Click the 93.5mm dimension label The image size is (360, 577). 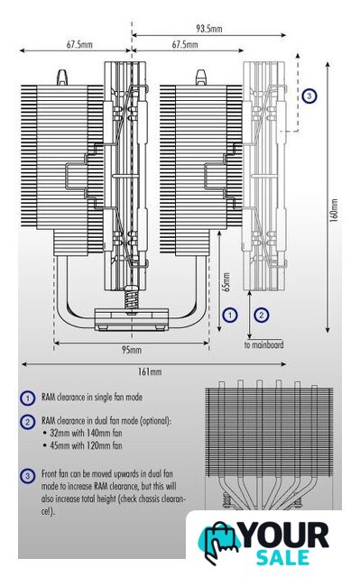point(208,29)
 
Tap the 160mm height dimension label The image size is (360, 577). point(334,210)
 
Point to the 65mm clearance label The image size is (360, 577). point(226,282)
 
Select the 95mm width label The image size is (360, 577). point(132,350)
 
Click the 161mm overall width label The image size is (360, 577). point(150,371)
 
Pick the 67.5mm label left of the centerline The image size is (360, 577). point(79,45)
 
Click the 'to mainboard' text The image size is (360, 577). point(264,344)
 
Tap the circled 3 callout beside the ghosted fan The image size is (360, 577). point(309,96)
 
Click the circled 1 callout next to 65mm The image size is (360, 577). point(230,315)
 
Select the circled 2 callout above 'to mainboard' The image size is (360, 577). point(262,315)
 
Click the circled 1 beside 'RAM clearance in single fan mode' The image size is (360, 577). point(27,398)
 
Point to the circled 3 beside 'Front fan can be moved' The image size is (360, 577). point(27,476)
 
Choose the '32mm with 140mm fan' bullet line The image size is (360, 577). point(82,433)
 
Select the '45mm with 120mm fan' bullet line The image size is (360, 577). point(82,445)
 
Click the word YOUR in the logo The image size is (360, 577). point(285,536)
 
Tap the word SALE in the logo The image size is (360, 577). point(282,557)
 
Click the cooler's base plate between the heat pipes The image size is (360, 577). point(132,319)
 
